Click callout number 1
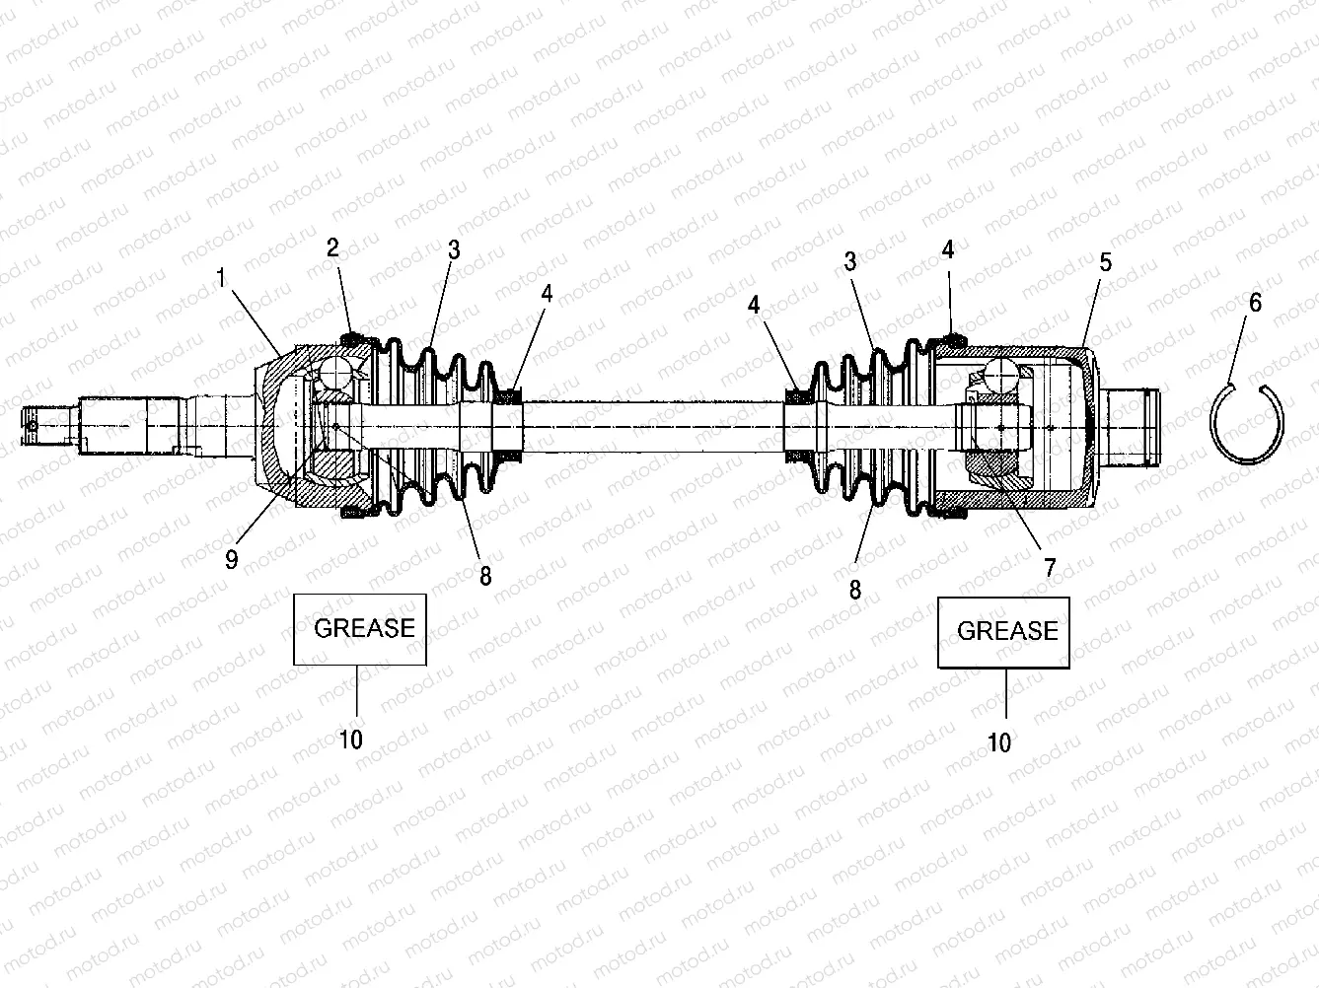coord(222,278)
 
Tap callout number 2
coord(333,247)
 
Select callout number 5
coord(1106,261)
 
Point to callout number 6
coord(1255,303)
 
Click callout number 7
coord(1050,568)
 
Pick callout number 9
coord(232,560)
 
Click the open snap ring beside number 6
coord(1247,424)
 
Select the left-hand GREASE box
coord(359,629)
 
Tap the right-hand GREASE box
coord(1003,632)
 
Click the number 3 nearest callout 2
coord(454,249)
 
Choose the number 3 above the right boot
coord(849,261)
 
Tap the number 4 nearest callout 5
coord(948,249)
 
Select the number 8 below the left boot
coord(485,576)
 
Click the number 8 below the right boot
coord(854,590)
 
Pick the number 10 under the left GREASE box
coord(351,739)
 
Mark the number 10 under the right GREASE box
coord(999,742)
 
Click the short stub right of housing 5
coord(1133,426)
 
